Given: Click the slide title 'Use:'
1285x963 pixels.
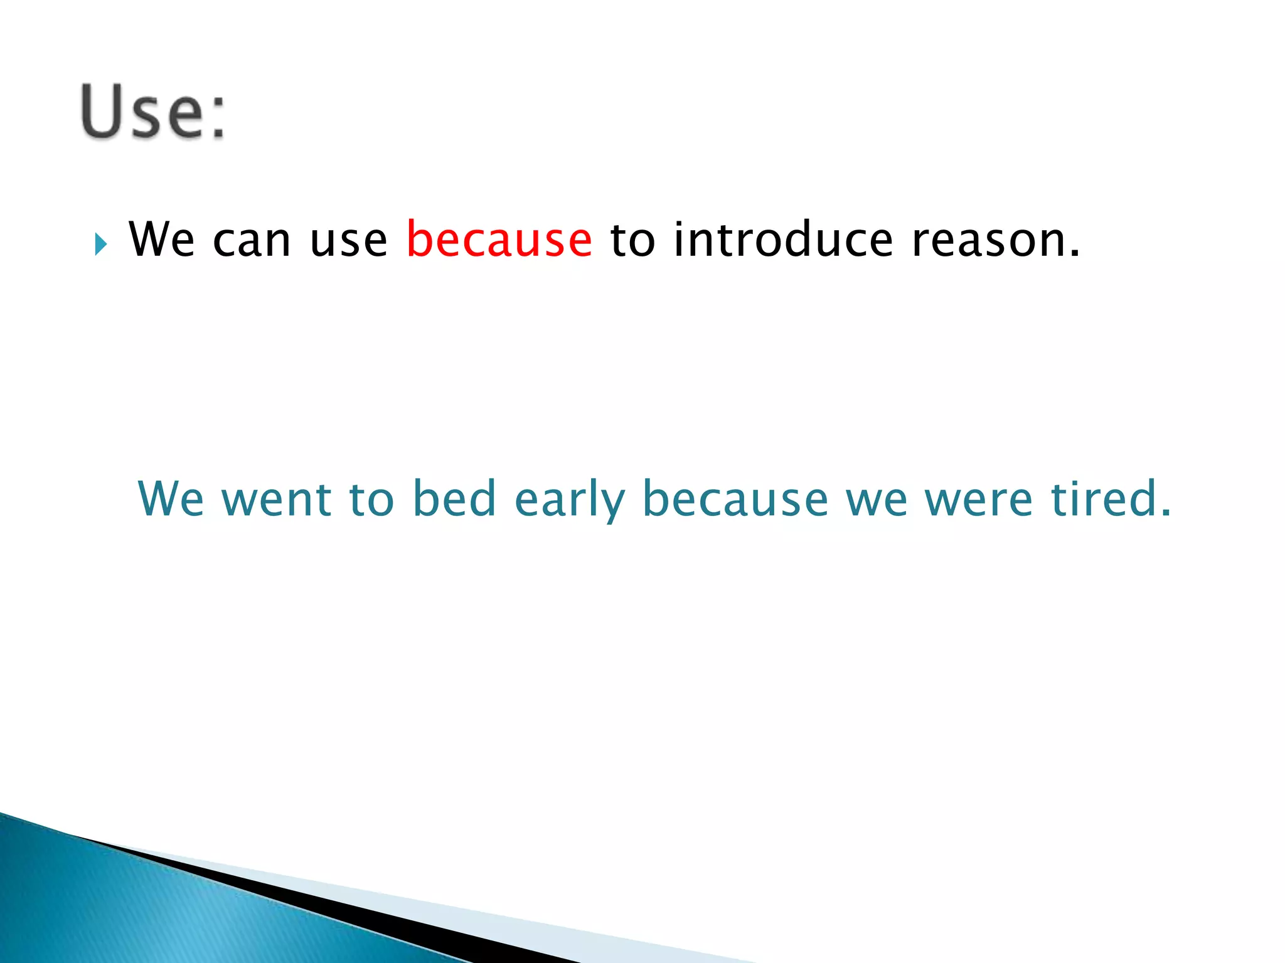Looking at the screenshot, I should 152,112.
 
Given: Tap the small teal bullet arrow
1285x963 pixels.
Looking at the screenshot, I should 101,244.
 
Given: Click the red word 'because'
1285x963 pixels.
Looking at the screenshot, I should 499,239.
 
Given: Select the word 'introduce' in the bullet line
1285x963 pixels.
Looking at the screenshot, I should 783,239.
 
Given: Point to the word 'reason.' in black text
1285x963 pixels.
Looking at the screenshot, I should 996,241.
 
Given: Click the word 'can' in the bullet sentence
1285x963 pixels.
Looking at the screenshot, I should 252,241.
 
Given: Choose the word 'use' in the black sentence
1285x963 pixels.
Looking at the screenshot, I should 349,241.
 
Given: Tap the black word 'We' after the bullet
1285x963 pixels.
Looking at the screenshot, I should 161,239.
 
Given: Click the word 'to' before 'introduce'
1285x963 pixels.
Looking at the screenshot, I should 632,241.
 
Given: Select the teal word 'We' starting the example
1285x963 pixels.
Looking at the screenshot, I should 171,499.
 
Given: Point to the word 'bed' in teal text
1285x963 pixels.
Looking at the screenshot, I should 454,499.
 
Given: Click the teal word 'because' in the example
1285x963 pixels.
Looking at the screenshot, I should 735,499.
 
